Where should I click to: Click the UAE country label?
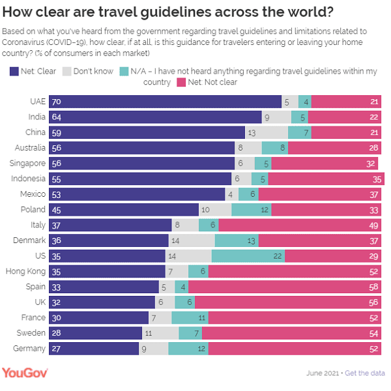(x=37, y=102)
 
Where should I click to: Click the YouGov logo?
(x=25, y=373)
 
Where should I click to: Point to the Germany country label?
(x=29, y=349)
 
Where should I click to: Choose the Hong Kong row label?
(x=25, y=271)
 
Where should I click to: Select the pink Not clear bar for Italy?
(x=300, y=225)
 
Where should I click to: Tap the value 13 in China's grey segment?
(x=252, y=132)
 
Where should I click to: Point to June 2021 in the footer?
(x=323, y=373)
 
